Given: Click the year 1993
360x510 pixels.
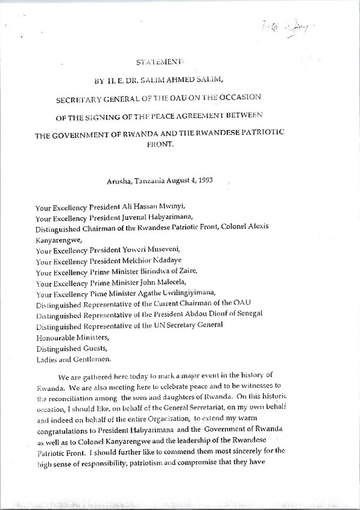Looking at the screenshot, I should pos(206,180).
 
